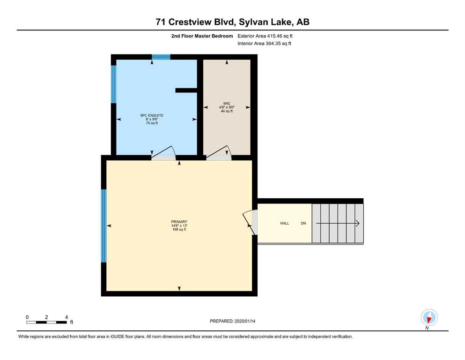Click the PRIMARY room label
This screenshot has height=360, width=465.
179,222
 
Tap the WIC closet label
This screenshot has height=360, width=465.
227,104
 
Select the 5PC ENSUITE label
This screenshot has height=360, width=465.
152,115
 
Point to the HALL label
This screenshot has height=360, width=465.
285,223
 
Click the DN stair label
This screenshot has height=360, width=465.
303,223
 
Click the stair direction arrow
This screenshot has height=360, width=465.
338,223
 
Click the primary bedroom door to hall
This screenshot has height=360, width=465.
250,223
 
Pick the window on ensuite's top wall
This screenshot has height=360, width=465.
161,57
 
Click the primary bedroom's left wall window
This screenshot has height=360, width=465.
104,226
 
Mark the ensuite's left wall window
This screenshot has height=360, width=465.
114,84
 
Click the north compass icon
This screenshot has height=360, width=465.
429,318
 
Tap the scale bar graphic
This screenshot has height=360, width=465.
46,322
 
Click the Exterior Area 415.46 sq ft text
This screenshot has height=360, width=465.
265,36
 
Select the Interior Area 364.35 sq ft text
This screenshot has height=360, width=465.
264,43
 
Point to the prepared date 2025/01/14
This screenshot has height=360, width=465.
245,321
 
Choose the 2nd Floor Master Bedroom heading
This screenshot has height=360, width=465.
202,36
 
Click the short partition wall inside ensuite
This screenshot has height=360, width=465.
186,90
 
